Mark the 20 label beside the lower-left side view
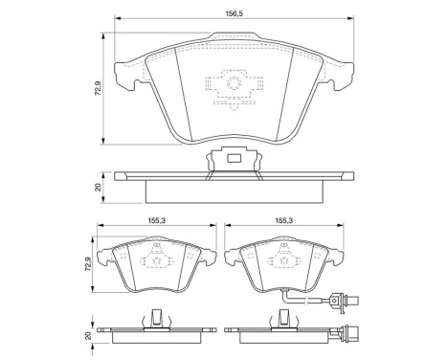click(x=88, y=335)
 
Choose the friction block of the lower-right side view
click(x=283, y=342)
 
